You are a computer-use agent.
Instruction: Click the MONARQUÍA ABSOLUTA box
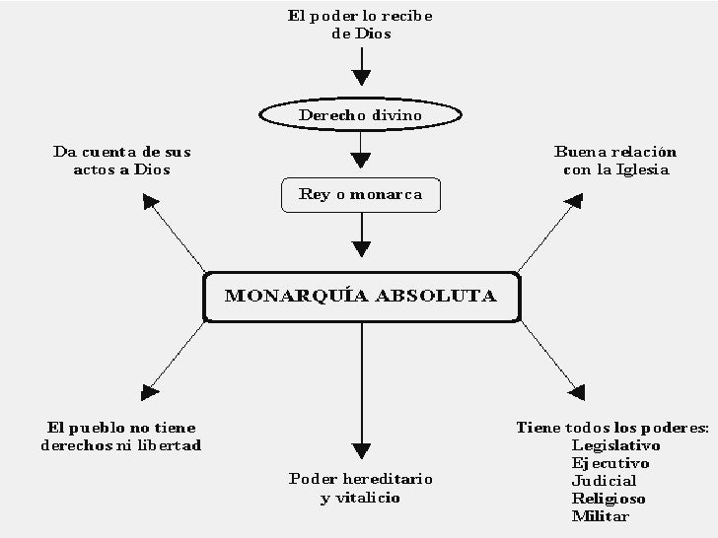pyautogui.click(x=361, y=297)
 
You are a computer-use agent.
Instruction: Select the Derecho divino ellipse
pyautogui.click(x=361, y=115)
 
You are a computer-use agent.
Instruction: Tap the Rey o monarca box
pyautogui.click(x=361, y=194)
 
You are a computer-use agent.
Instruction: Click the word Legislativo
pyautogui.click(x=615, y=445)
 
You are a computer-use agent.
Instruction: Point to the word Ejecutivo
pyautogui.click(x=610, y=463)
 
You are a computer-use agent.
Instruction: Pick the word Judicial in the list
pyautogui.click(x=605, y=481)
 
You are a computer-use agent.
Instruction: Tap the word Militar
pyautogui.click(x=601, y=516)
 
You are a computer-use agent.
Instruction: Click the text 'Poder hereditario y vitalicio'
pyautogui.click(x=361, y=489)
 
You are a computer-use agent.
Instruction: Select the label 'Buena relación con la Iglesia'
pyautogui.click(x=615, y=161)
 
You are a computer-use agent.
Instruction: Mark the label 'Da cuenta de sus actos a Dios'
pyautogui.click(x=121, y=161)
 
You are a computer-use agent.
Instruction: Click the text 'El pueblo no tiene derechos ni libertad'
pyautogui.click(x=121, y=437)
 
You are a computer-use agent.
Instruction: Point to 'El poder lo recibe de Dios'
pyautogui.click(x=361, y=25)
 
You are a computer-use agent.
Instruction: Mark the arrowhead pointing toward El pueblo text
pyautogui.click(x=150, y=391)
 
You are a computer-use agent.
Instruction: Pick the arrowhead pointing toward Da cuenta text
pyautogui.click(x=150, y=203)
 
